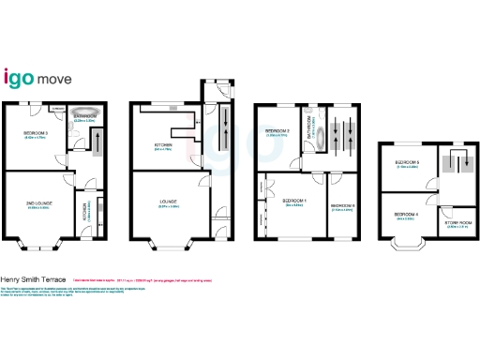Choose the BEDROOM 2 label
coord(277,130)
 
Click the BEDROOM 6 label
coord(343,205)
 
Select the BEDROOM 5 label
coord(407,162)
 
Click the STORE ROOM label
coord(459,223)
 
